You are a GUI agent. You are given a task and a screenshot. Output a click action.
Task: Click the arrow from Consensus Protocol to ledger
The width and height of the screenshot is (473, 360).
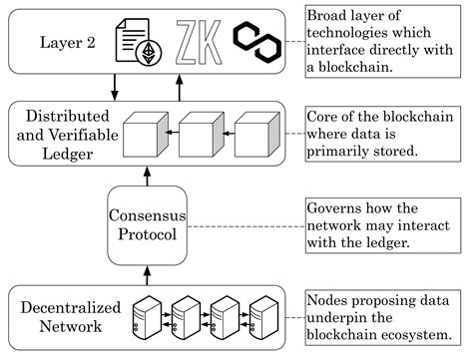(x=148, y=176)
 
